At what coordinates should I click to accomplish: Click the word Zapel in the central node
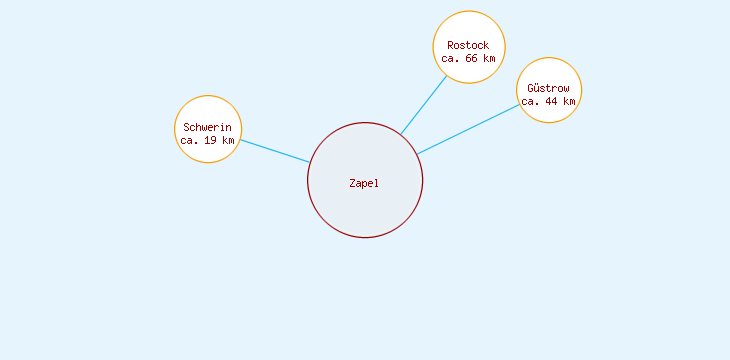tap(364, 183)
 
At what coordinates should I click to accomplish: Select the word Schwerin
tap(208, 128)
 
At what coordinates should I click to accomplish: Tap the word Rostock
tap(468, 45)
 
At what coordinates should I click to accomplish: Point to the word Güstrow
tap(548, 89)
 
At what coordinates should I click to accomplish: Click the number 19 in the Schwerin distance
tap(210, 141)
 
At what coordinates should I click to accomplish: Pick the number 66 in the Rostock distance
tap(471, 58)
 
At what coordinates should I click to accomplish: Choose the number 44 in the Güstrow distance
tap(551, 102)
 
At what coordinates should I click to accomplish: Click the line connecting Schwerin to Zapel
tap(275, 151)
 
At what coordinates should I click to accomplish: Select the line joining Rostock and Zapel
tap(424, 104)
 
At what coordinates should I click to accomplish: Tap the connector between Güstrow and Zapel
tap(468, 129)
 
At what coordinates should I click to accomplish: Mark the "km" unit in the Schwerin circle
tap(229, 141)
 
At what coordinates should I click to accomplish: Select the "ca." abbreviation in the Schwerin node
tap(190, 141)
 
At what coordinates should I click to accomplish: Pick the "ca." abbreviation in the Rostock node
tap(451, 58)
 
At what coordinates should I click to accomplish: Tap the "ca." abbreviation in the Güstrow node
tap(531, 102)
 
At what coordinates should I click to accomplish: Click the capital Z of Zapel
tap(352, 183)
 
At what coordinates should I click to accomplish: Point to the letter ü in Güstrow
tap(537, 89)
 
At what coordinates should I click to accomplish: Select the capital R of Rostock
tap(450, 45)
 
